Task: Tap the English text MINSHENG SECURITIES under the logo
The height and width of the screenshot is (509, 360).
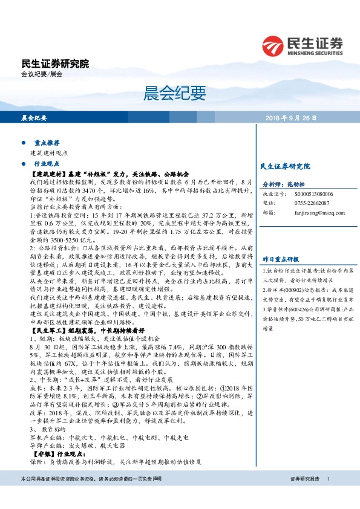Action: point(316,52)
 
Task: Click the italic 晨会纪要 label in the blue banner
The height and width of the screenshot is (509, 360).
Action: point(34,118)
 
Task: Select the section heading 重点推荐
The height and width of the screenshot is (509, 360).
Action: point(47,143)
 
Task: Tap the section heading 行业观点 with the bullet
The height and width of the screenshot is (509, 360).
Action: point(47,163)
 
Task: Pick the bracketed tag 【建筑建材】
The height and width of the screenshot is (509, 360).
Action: point(48,173)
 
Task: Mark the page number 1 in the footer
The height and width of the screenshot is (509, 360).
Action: point(329,496)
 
